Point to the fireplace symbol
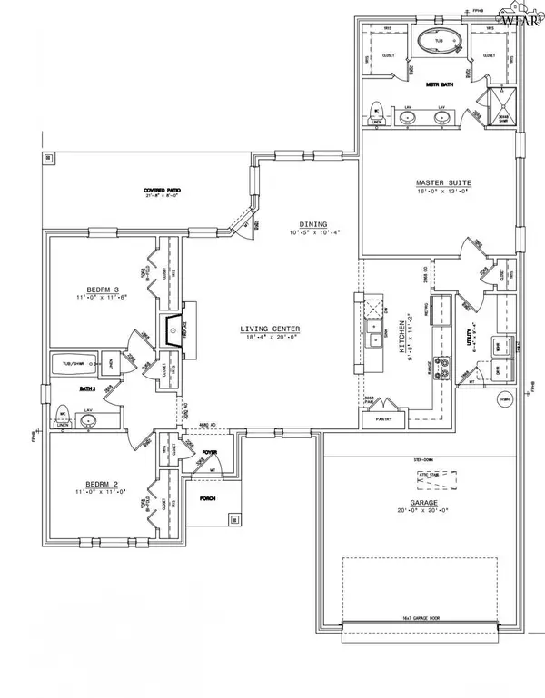pyautogui.click(x=173, y=330)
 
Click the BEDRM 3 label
pyautogui.click(x=94, y=288)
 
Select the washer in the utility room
pyautogui.click(x=499, y=346)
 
